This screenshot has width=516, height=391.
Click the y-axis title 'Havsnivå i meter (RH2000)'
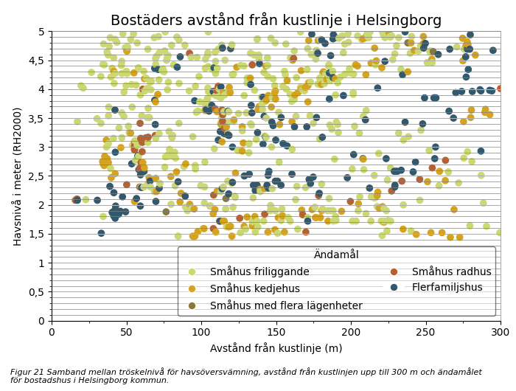17,176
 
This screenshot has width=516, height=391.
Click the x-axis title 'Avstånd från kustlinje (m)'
276,348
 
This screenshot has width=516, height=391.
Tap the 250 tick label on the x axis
425,333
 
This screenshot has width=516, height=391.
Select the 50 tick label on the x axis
126,333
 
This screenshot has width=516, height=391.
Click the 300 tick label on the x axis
500,333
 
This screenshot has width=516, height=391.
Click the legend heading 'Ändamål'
336,255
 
